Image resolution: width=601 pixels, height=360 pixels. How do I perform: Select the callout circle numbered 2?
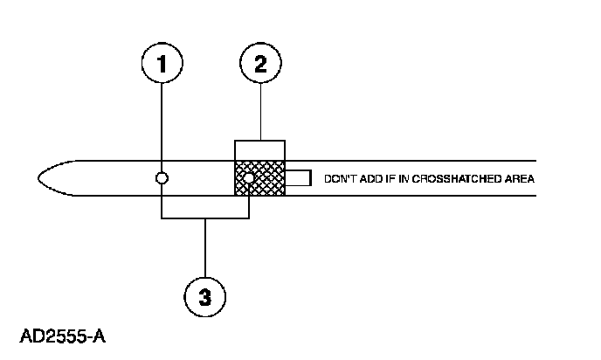(x=259, y=64)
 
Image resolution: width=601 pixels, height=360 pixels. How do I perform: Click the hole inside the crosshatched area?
(x=250, y=179)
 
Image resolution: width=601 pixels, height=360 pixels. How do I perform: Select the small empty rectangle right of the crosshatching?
(x=298, y=178)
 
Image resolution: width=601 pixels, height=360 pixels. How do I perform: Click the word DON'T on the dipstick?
(x=339, y=179)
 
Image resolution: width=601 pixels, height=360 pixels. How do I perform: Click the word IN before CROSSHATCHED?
(x=403, y=179)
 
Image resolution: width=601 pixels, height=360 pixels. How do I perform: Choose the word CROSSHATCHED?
(x=455, y=179)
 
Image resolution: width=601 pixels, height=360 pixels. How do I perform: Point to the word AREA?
(x=519, y=179)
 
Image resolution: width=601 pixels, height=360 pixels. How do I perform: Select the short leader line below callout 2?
(x=259, y=114)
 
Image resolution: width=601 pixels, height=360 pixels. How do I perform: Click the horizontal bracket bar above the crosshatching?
(x=259, y=141)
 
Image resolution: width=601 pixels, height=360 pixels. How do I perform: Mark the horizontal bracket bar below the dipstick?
(x=205, y=218)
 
